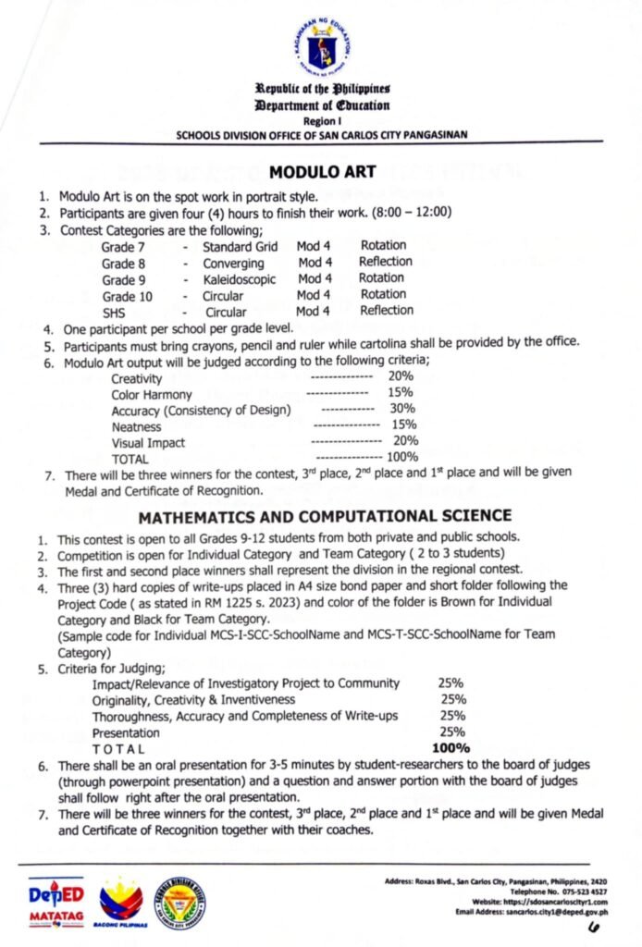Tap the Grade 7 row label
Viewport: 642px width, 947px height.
pos(123,247)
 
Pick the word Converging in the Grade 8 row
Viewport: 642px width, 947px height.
pos(233,263)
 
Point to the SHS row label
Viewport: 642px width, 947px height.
pos(114,313)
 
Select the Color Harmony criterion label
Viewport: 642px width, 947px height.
pos(152,395)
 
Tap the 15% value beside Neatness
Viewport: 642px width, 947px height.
pos(405,425)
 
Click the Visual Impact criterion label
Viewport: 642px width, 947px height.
pos(147,442)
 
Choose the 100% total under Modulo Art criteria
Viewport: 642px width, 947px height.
pos(402,457)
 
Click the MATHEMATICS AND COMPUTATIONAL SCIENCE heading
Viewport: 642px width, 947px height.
pos(320,515)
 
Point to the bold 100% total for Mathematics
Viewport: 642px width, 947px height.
pos(451,747)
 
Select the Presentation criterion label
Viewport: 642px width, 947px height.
pos(126,732)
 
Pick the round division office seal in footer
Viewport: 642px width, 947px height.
pos(179,900)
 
